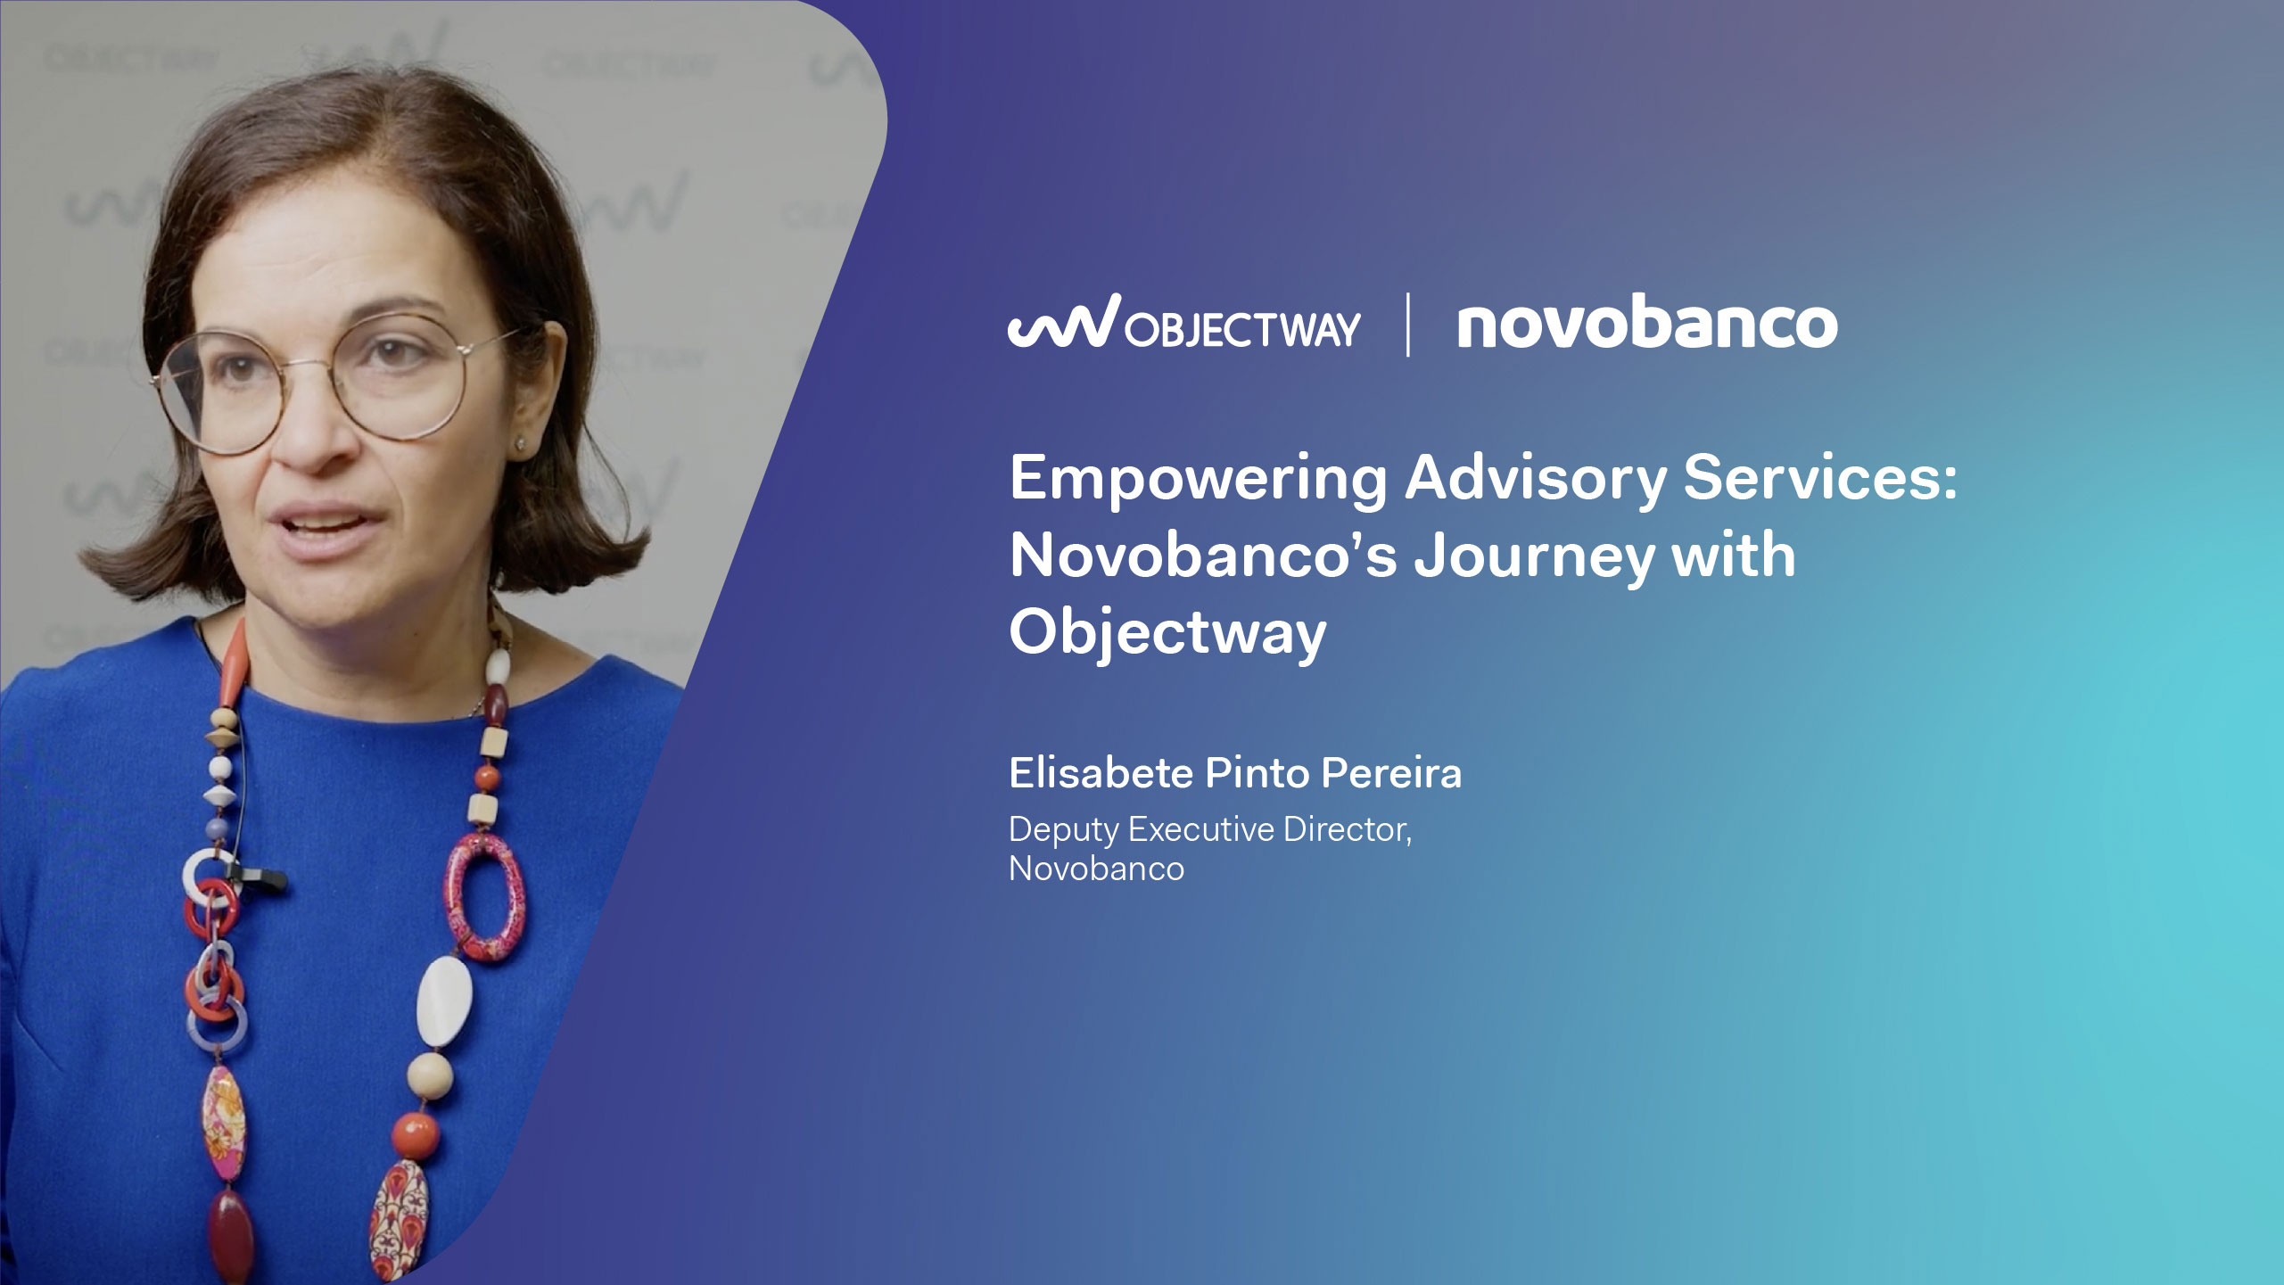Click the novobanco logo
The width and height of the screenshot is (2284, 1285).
(1646, 325)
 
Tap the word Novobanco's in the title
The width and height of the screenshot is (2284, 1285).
(1203, 556)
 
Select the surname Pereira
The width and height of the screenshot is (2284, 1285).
(1391, 773)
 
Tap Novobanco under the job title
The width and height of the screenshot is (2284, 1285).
(1096, 869)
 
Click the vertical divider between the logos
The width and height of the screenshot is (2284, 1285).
(1408, 325)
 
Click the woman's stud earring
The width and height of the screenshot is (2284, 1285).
(518, 442)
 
